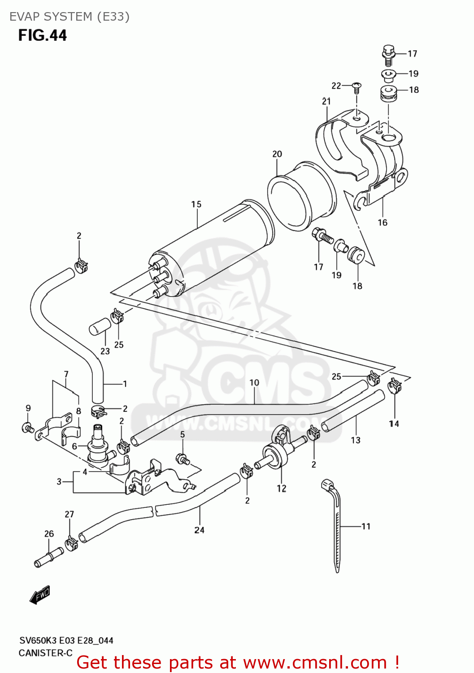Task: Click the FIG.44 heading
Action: [43, 35]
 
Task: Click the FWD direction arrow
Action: [40, 595]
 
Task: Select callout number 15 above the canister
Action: [196, 205]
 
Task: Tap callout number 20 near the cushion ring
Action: [277, 154]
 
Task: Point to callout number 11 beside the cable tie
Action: [366, 526]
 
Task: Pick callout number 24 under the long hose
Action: [199, 530]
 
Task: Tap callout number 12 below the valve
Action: [281, 488]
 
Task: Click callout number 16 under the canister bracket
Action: [383, 223]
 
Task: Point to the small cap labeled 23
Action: [100, 327]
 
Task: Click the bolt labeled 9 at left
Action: [28, 428]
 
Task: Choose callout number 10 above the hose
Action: [254, 383]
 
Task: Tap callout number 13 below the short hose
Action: [356, 440]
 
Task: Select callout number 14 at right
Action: [394, 424]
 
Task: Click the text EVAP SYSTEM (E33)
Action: [70, 17]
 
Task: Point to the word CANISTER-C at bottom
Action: [45, 653]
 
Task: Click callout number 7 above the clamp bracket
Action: [66, 374]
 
